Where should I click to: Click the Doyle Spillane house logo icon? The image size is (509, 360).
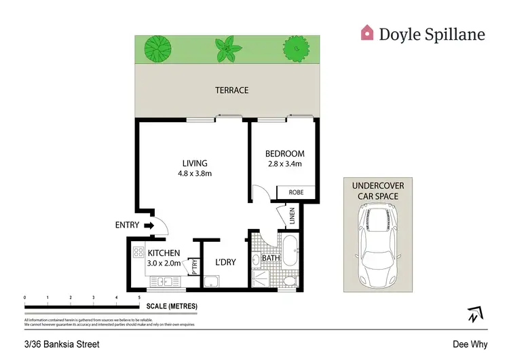(x=367, y=32)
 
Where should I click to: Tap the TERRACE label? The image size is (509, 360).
(x=231, y=90)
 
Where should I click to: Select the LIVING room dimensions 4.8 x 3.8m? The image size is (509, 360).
(x=194, y=173)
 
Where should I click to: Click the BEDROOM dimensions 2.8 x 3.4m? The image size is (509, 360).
(x=284, y=164)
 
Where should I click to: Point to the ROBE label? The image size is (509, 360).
(x=297, y=192)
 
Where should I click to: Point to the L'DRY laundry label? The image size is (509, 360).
(x=225, y=262)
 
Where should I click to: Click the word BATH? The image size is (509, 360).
(x=271, y=259)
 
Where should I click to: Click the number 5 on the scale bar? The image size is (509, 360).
(x=139, y=298)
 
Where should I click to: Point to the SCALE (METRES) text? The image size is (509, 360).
(x=172, y=306)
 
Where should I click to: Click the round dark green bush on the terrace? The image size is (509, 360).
(x=294, y=48)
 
